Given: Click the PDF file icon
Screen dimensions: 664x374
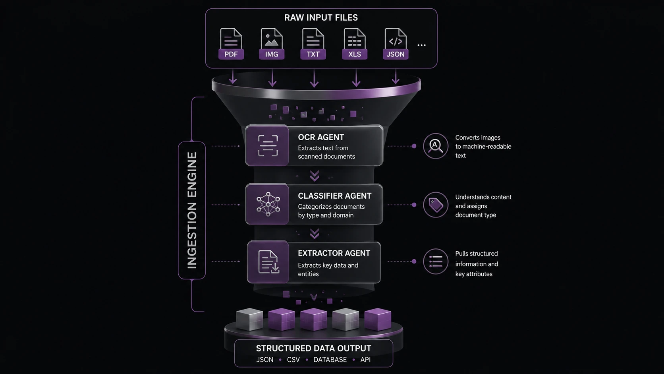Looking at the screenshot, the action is [231, 44].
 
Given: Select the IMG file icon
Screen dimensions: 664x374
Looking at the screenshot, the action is [272, 44].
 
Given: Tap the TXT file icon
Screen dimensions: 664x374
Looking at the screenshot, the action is [313, 44].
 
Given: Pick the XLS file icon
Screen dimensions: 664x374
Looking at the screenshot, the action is [355, 44].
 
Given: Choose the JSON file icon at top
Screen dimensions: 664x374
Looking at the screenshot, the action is [396, 44].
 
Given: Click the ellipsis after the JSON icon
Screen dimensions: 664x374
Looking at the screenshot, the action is [421, 45].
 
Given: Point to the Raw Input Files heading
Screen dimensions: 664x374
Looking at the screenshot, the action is [321, 17].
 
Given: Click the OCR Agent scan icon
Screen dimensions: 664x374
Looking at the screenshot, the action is [268, 145].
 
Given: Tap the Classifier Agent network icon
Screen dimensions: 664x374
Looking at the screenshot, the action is [268, 204].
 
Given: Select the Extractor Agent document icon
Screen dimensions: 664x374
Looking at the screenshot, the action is [268, 262].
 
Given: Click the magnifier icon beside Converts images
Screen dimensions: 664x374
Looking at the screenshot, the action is [436, 146].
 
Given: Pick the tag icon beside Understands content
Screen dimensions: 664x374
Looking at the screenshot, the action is [436, 205].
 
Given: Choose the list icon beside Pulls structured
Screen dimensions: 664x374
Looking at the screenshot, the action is [436, 261].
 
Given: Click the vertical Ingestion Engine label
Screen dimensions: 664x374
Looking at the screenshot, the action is [192, 210].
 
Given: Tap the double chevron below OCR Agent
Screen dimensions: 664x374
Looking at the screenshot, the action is [315, 176].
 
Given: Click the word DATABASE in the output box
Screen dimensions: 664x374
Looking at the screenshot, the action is [330, 360].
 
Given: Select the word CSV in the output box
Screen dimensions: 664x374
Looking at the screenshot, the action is [293, 360].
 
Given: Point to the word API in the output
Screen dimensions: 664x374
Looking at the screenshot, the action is [365, 360].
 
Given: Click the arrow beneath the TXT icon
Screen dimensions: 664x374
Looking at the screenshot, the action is [314, 78].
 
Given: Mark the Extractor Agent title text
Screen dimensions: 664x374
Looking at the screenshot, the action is [334, 253].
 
